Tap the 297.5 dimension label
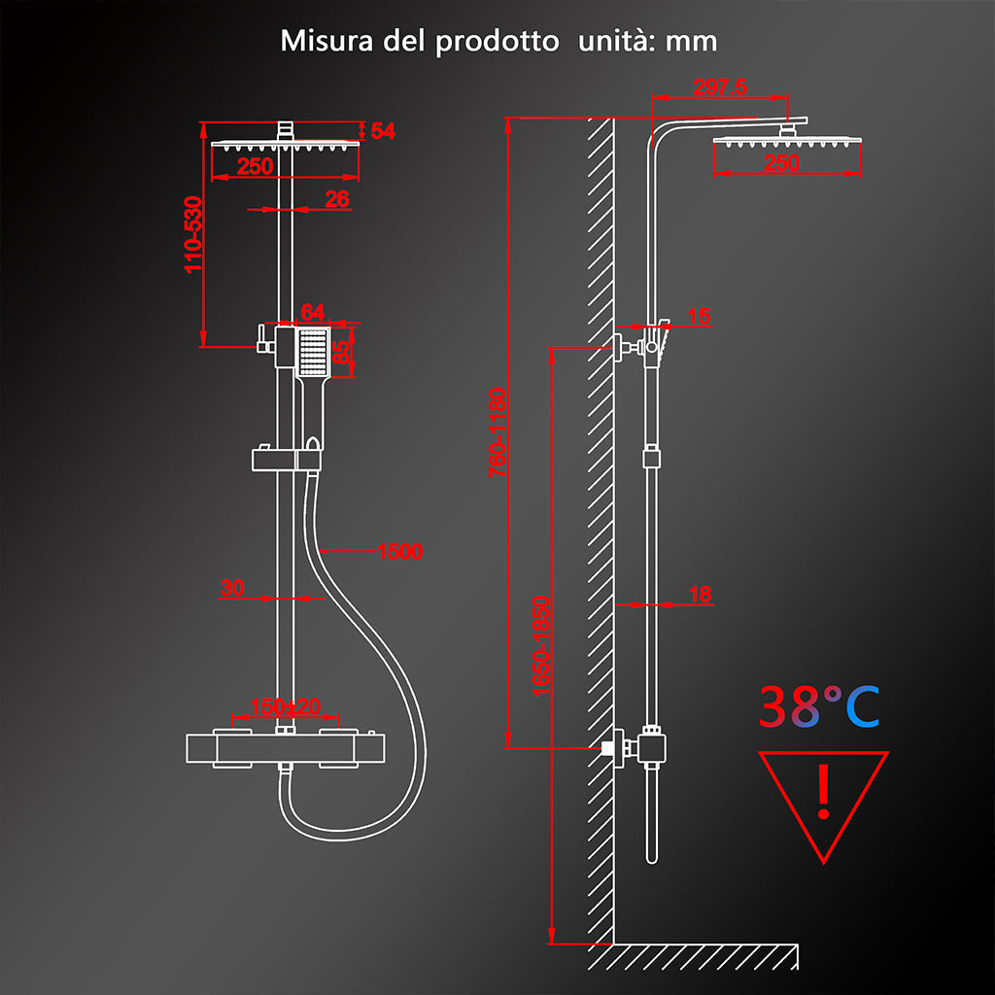point(719,86)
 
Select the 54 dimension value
point(383,131)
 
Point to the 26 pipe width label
point(337,199)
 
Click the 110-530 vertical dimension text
point(193,235)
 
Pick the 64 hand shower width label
point(312,312)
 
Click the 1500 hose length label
point(399,552)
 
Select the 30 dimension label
point(232,588)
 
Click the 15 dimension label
point(699,316)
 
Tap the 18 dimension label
point(700,594)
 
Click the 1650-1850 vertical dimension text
point(541,646)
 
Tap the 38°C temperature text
point(819,706)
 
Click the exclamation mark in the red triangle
point(824,791)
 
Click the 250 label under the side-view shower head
point(781,162)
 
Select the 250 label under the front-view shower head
point(255,165)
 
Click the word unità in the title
point(617,41)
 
